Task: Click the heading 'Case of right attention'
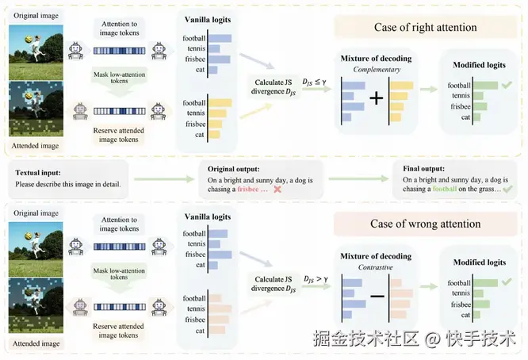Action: point(425,28)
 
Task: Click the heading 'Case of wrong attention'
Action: point(425,224)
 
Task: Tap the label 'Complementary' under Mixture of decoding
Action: point(376,71)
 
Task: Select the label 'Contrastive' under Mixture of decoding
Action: point(376,267)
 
